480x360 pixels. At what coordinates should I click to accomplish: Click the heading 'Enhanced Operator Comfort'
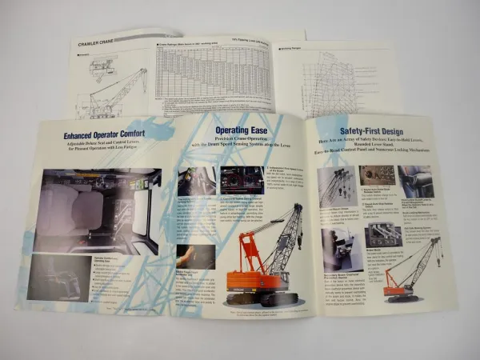tap(106, 135)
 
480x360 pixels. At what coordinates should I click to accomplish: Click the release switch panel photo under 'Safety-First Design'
tap(376, 175)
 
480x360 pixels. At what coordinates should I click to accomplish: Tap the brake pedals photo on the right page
tap(382, 235)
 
